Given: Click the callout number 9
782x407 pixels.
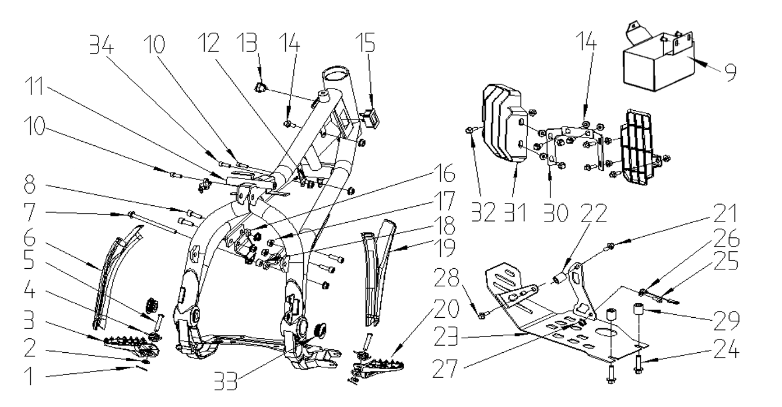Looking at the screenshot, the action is tap(730, 73).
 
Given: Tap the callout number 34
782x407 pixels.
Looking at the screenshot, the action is tap(101, 44).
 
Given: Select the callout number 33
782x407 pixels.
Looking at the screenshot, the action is tap(226, 381).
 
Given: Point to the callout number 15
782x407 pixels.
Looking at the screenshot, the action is tap(366, 43).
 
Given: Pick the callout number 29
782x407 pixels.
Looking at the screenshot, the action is tap(727, 321).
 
